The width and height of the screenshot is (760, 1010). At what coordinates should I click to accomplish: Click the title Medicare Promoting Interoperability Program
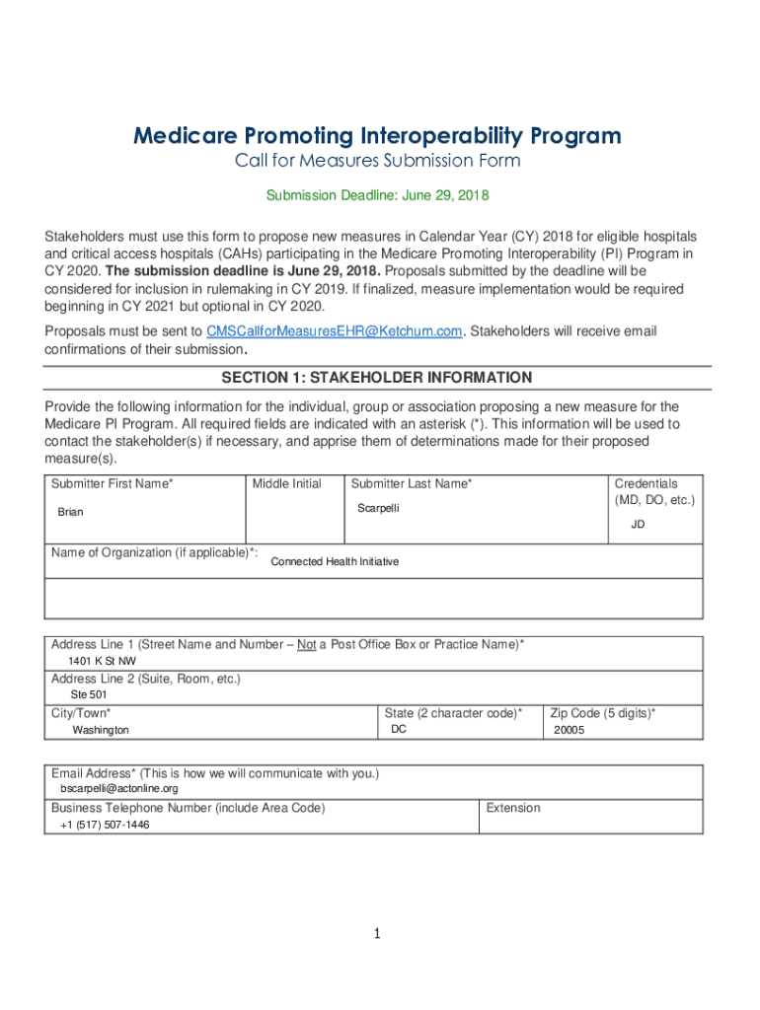pyautogui.click(x=378, y=135)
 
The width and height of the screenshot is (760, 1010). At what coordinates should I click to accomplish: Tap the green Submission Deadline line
pyautogui.click(x=377, y=195)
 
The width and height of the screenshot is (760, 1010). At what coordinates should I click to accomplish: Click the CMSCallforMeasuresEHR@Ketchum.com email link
pyautogui.click(x=333, y=331)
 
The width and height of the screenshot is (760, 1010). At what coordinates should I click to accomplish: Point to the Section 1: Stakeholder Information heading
pyautogui.click(x=377, y=378)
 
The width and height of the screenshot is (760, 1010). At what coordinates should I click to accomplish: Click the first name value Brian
pyautogui.click(x=71, y=512)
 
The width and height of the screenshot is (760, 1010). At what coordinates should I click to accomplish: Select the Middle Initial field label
pyautogui.click(x=286, y=483)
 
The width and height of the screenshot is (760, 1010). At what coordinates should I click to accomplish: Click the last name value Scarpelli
pyautogui.click(x=378, y=508)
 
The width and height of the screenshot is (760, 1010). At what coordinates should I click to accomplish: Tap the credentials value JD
pyautogui.click(x=638, y=525)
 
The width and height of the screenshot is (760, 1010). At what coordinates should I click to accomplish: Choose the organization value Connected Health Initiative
pyautogui.click(x=335, y=561)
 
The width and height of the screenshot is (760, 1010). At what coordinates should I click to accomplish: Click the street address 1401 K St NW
pyautogui.click(x=102, y=661)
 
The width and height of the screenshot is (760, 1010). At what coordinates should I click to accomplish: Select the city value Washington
pyautogui.click(x=100, y=730)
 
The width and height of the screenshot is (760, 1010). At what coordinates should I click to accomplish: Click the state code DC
pyautogui.click(x=399, y=729)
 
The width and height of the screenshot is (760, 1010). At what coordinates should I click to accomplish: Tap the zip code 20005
pyautogui.click(x=570, y=730)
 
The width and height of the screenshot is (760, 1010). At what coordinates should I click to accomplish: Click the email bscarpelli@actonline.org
pyautogui.click(x=119, y=789)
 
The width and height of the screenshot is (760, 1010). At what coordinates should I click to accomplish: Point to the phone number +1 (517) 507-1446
pyautogui.click(x=105, y=825)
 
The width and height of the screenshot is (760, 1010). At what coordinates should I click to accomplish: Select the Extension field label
pyautogui.click(x=512, y=808)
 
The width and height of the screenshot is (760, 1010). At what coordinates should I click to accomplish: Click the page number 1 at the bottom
pyautogui.click(x=377, y=934)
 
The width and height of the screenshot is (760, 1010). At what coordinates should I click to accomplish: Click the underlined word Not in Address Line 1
pyautogui.click(x=306, y=644)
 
